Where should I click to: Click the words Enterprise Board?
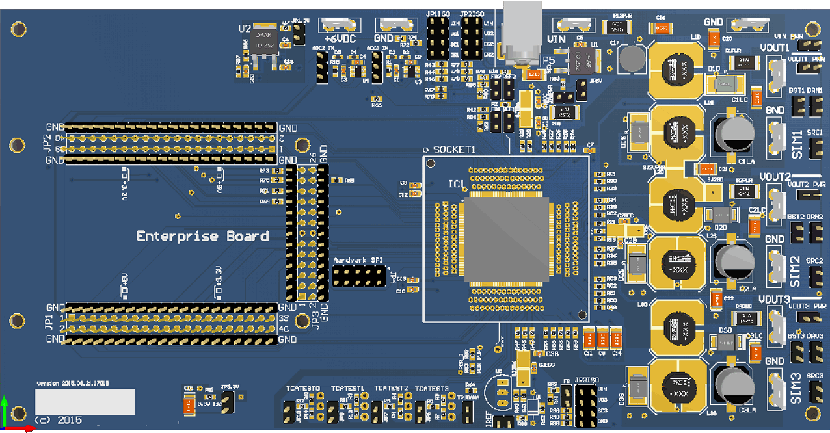point(202,236)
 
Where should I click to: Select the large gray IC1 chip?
point(503,242)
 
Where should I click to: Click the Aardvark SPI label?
point(357,260)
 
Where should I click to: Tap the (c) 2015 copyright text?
point(59,420)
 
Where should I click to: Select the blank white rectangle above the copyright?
point(85,402)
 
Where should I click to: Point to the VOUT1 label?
point(774,48)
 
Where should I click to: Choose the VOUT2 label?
point(774,177)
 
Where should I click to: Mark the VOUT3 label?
point(774,299)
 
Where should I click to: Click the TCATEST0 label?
point(303,389)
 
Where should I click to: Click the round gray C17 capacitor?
point(631,59)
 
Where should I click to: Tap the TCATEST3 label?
point(432,389)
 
